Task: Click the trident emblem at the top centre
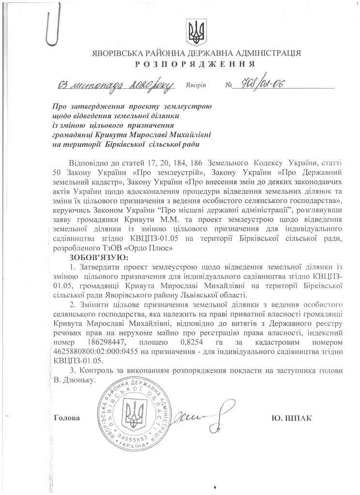pyautogui.click(x=196, y=31)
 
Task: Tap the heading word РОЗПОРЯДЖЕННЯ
pyautogui.click(x=195, y=64)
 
